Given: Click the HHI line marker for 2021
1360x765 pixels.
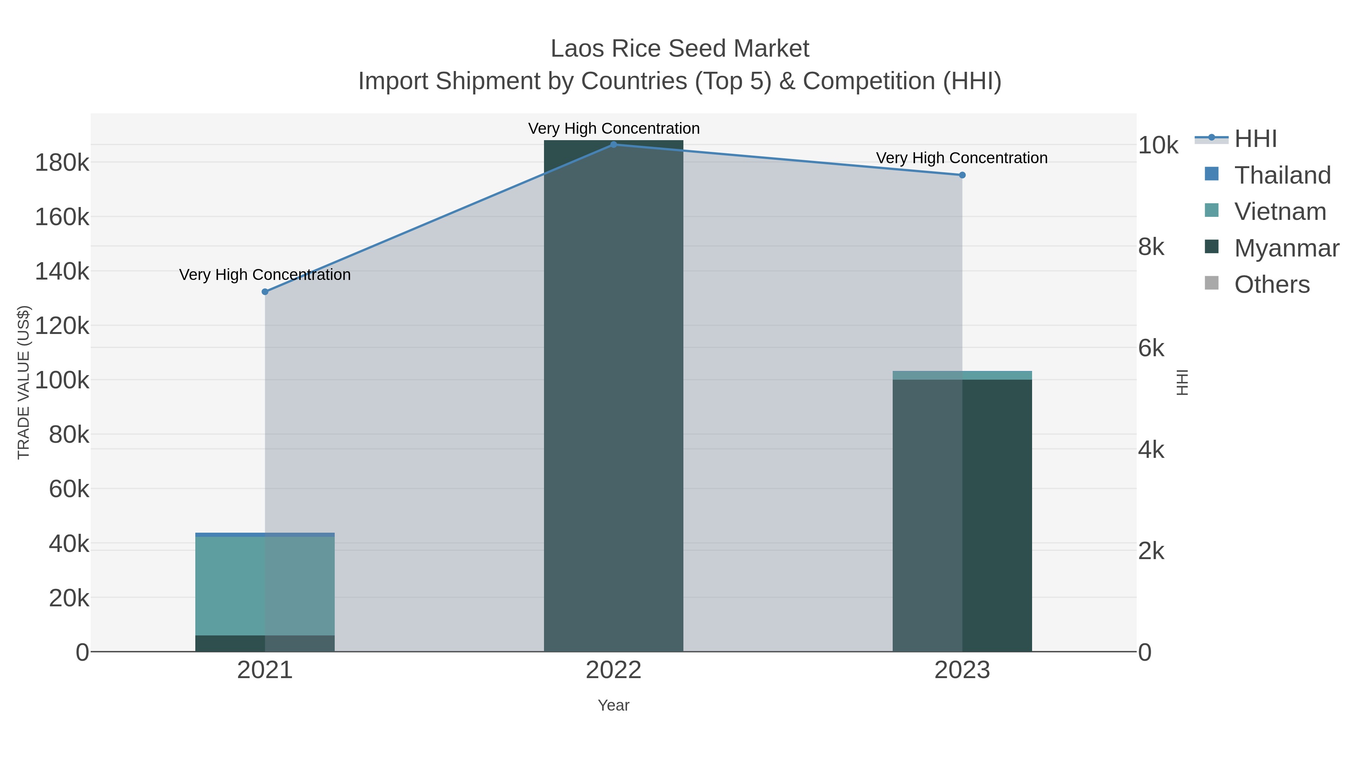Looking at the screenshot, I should (x=265, y=291).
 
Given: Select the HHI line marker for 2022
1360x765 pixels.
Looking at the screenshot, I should (x=614, y=144).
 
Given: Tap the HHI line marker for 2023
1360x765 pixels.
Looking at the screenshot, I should (x=962, y=175).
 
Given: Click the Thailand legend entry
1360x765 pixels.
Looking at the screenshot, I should (x=1282, y=175).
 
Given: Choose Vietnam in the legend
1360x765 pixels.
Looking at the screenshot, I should (x=1280, y=212).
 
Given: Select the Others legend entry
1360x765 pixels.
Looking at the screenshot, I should (x=1271, y=284).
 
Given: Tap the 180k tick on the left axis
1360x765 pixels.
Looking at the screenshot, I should (x=62, y=162).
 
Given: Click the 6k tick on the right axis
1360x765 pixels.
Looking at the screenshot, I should (x=1151, y=348).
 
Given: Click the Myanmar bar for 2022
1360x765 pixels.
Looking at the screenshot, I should (x=614, y=396).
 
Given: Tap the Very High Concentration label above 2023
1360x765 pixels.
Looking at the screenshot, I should (x=961, y=158).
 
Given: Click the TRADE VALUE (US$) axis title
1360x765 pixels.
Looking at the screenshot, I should (x=24, y=382).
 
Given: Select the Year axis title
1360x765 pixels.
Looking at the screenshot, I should (x=614, y=705).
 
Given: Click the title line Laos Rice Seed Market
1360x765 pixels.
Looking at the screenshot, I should (x=680, y=49).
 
